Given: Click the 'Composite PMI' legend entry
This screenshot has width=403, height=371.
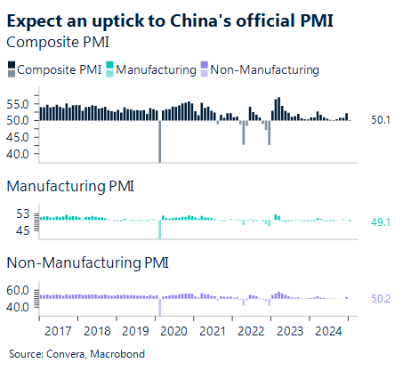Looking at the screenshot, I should point(53,69).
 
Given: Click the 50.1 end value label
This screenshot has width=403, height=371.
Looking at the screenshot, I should point(382,120).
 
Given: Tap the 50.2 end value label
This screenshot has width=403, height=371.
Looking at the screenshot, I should point(382,298).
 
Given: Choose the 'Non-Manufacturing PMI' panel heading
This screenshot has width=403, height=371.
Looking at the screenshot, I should point(86,263).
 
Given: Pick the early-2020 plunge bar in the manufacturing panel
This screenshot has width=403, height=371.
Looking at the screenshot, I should point(160,230).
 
